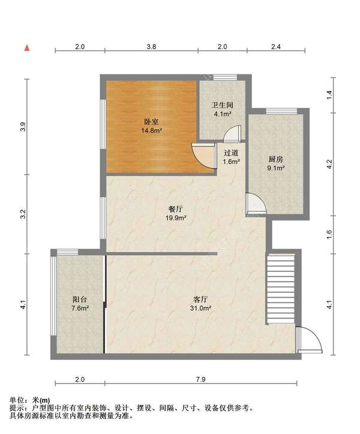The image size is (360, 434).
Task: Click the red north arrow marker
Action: [x=27, y=48]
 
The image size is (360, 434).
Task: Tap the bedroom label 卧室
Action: [x=151, y=121]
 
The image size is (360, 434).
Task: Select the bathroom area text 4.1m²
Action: [x=223, y=113]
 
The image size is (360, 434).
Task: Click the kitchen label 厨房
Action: [x=276, y=160]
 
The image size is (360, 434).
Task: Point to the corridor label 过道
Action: [x=231, y=153]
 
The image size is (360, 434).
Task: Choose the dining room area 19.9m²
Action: [x=176, y=218]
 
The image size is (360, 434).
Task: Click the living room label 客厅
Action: [x=200, y=300]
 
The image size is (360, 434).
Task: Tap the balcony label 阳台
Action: [x=80, y=299]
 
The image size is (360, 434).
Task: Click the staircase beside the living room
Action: [x=280, y=289]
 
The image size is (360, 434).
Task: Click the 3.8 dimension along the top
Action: [x=151, y=47]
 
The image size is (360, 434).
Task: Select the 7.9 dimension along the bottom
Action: [x=200, y=379]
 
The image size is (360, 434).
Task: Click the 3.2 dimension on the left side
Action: [x=23, y=214]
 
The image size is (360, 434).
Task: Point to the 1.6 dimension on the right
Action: [x=329, y=235]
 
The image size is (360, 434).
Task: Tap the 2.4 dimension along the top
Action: [x=276, y=47]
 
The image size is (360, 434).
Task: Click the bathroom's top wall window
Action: [x=225, y=77]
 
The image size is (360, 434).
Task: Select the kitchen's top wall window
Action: [x=281, y=111]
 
